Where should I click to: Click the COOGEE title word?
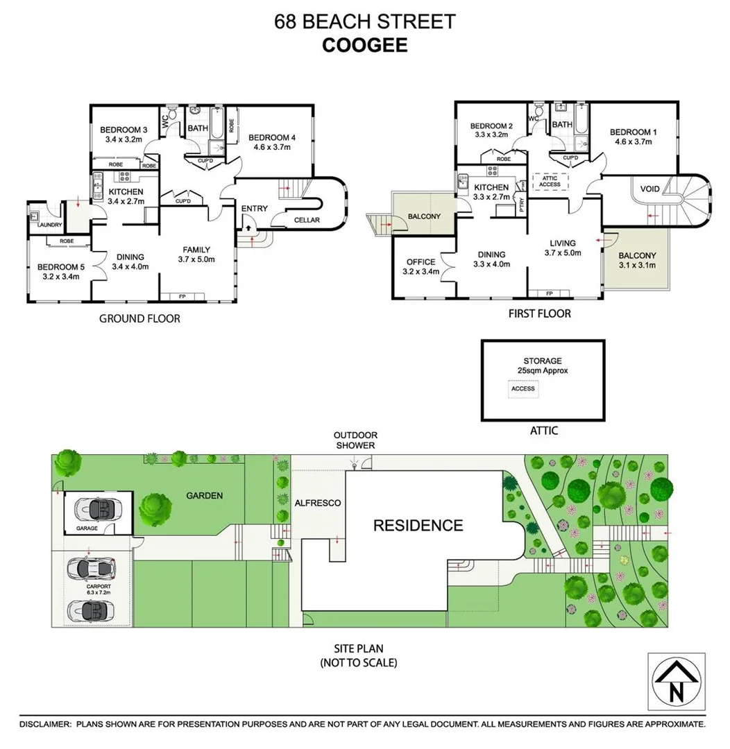pos(364,45)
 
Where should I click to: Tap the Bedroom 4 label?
pos(272,137)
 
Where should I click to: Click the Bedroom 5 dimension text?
pos(58,277)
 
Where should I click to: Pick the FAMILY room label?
pos(196,250)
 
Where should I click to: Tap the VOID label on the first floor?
pos(650,189)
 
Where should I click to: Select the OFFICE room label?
pos(421,261)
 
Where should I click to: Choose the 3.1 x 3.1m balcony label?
pos(637,265)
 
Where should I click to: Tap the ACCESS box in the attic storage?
pos(523,388)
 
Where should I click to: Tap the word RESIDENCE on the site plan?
pos(418,525)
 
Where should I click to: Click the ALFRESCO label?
pos(318,503)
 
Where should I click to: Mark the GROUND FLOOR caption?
pos(140,319)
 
